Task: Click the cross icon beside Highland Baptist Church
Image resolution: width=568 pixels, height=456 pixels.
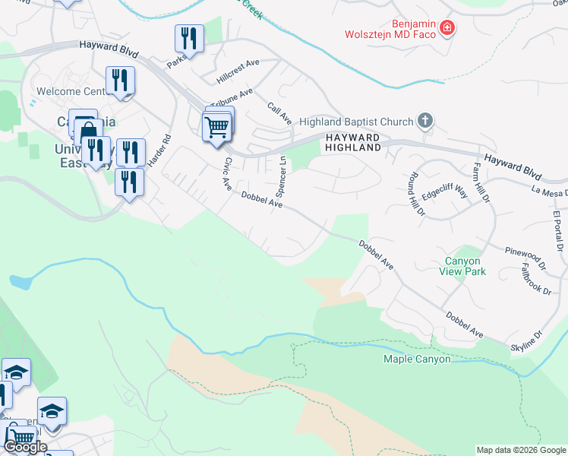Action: pos(425,121)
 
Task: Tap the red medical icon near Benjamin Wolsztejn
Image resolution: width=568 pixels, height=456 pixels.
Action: pos(447,29)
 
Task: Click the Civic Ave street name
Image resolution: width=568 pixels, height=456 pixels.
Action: pos(226,174)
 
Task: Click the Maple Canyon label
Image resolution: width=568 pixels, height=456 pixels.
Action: pos(417,359)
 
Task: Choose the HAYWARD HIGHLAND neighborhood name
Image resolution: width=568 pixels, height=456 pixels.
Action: pos(352,142)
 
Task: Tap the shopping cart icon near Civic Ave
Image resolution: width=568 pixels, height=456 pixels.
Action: pos(216,127)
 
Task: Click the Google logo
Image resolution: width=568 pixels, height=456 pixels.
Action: pos(25,447)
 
